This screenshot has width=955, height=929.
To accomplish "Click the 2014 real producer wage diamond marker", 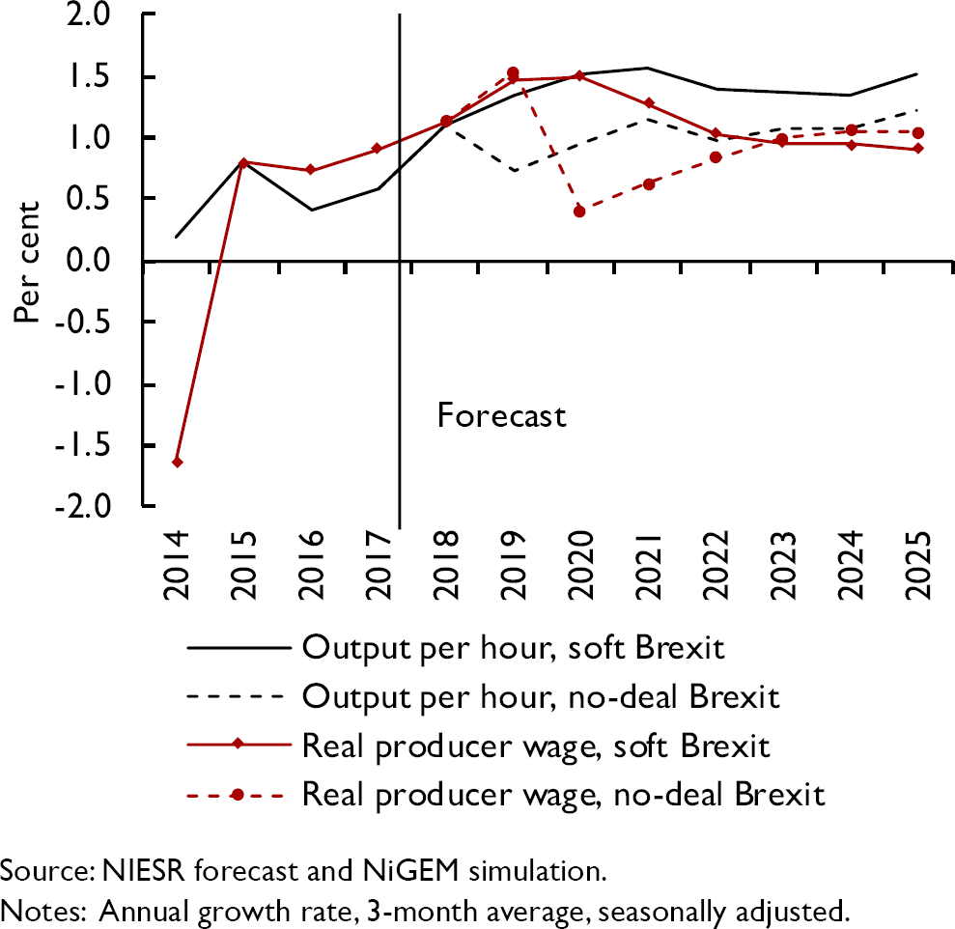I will pyautogui.click(x=178, y=462).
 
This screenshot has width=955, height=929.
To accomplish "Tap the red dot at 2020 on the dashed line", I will pyautogui.click(x=579, y=211).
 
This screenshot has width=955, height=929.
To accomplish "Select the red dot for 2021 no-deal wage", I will pyautogui.click(x=649, y=183).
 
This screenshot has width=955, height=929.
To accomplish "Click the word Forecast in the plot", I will pyautogui.click(x=500, y=416).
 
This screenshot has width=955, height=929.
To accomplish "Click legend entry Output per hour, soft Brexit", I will pyautogui.click(x=513, y=646).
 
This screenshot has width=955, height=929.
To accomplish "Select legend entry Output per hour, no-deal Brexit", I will pyautogui.click(x=540, y=695).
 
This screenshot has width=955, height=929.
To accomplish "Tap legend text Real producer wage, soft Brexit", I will pyautogui.click(x=535, y=746).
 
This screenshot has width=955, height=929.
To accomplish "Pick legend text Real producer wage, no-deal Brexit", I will pyautogui.click(x=563, y=795).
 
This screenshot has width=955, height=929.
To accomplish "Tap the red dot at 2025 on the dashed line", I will pyautogui.click(x=917, y=132).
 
